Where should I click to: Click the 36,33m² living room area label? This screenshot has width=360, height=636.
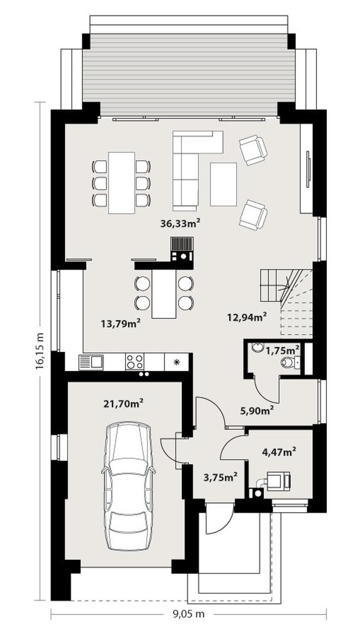coord(181,223)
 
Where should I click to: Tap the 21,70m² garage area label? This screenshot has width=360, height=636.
coord(124,404)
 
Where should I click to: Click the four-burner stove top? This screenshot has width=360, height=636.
coord(135,362)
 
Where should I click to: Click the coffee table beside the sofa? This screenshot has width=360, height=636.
coord(224,184)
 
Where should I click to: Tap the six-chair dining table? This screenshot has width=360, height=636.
coord(122,183)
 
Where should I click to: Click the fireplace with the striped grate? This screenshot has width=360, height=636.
coord(182,249)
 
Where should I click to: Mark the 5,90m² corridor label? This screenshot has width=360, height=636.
coord(256,411)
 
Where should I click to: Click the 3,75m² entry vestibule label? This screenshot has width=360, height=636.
coord(220,477)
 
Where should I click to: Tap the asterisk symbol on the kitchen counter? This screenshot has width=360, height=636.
coord(176,362)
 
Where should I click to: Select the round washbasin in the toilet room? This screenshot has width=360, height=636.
coord(256,347)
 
